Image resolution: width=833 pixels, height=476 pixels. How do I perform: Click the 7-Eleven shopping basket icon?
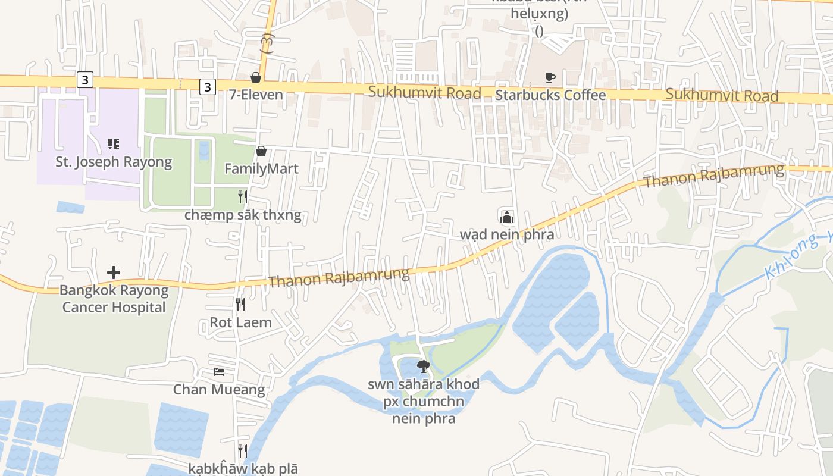[x=256, y=77]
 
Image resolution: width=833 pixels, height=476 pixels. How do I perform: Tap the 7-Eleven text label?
[x=256, y=95]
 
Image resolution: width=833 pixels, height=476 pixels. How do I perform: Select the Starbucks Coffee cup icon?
[x=550, y=77]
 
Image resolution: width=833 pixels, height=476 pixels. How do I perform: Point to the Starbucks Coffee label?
[x=550, y=95]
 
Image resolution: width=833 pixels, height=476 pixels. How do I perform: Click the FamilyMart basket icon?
[x=261, y=152]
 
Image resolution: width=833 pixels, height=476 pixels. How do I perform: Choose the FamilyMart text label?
[x=261, y=168]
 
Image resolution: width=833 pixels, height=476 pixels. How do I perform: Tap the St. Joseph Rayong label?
[x=114, y=161]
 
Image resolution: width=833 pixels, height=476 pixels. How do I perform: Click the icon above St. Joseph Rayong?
[x=114, y=143]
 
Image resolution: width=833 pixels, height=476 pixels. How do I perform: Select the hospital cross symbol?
[x=114, y=273]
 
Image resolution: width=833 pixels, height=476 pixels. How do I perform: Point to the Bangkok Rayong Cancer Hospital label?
[x=114, y=299]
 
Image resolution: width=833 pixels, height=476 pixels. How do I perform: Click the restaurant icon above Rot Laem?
[x=240, y=305]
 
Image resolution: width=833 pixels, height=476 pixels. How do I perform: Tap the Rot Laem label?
[x=240, y=322]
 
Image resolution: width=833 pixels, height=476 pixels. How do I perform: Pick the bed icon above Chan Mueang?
[x=219, y=372]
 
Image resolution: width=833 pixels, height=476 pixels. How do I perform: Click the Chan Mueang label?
[x=219, y=390]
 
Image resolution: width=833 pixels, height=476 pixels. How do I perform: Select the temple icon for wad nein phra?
[x=506, y=217]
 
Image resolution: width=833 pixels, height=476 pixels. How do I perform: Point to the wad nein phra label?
[x=506, y=234]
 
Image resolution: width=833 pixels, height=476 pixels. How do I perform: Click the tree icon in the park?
[x=423, y=366]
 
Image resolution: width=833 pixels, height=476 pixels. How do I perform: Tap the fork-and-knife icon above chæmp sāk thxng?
[x=243, y=197]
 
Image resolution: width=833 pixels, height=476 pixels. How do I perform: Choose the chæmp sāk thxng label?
[x=243, y=215]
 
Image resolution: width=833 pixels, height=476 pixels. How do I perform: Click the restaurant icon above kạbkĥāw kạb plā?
[x=243, y=451]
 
